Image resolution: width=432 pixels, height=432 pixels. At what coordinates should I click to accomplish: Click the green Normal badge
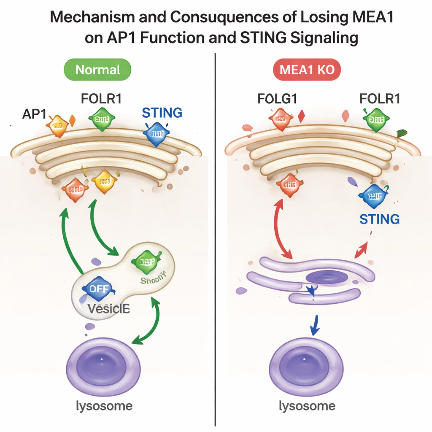(98, 70)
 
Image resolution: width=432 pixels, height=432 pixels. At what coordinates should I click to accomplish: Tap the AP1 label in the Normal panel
(35, 114)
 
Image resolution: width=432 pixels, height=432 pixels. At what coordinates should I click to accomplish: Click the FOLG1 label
(278, 100)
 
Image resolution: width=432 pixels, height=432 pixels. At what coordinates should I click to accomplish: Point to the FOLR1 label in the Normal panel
(101, 100)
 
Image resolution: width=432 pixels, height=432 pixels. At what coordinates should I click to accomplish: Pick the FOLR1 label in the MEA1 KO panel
(380, 100)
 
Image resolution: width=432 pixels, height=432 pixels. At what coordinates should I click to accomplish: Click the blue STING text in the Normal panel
(162, 113)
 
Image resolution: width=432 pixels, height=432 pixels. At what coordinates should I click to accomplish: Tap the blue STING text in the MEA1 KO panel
(380, 219)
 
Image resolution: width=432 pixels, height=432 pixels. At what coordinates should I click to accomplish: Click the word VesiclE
(108, 309)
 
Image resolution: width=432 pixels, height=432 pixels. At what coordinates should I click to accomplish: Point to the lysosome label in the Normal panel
(104, 406)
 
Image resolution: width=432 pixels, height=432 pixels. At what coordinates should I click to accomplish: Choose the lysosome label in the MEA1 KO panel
(307, 406)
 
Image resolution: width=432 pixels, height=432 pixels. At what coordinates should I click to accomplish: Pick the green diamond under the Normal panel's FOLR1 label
(102, 119)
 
